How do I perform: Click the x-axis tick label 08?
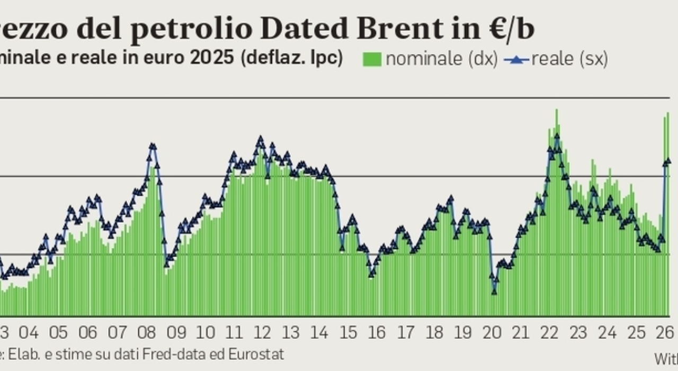(x=146, y=333)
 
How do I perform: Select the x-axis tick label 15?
(x=348, y=333)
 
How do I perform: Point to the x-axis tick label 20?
(x=492, y=333)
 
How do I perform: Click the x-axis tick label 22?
(x=550, y=333)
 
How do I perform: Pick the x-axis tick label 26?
(x=665, y=333)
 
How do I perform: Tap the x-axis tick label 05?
(x=58, y=333)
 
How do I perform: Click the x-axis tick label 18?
(x=434, y=333)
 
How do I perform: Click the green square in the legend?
(x=372, y=59)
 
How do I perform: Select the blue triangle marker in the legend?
(x=516, y=60)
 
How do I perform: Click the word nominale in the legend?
(x=424, y=59)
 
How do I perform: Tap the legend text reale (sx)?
(x=569, y=59)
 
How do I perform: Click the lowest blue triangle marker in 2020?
(x=494, y=291)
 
